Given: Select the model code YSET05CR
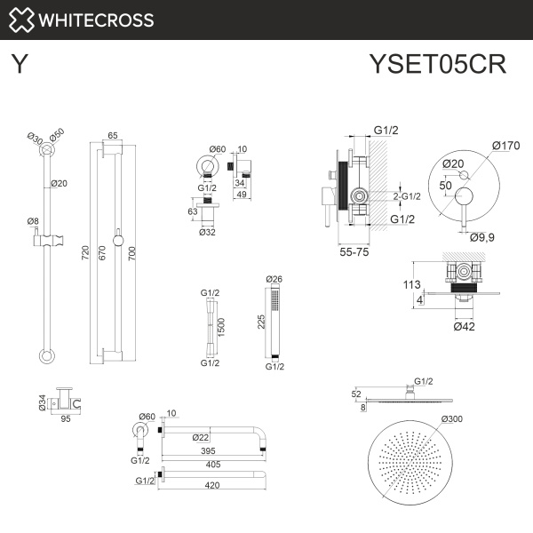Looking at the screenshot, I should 437,66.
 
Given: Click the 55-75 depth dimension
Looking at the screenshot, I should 354,253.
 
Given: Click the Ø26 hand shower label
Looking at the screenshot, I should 274,280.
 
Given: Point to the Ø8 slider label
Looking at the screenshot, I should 33,220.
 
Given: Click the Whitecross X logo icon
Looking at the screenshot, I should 20,20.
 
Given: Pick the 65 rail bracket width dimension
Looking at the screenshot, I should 113,136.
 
